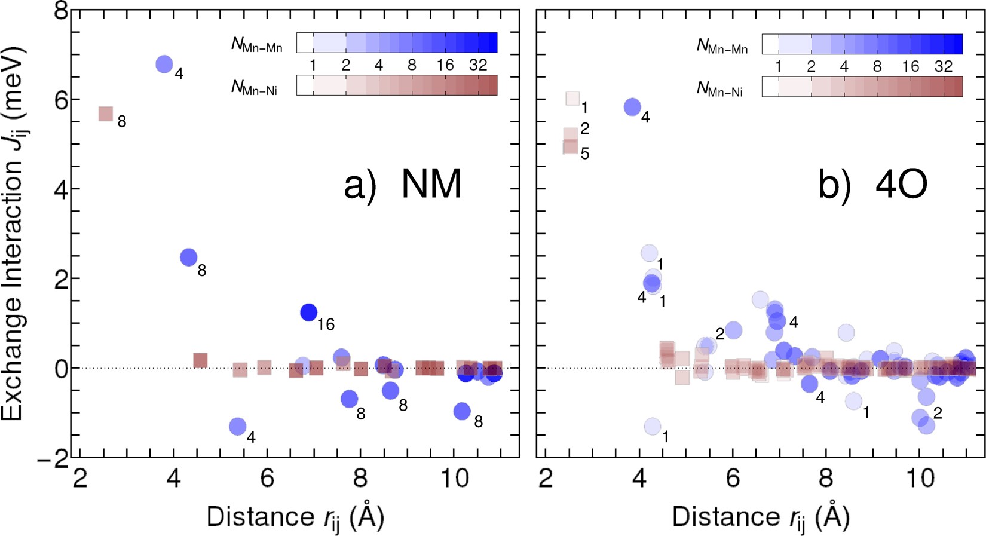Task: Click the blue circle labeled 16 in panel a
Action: [308, 312]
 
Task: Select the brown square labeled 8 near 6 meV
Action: [106, 114]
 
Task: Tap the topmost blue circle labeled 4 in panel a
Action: [164, 64]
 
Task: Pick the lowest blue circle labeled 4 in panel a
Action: [237, 426]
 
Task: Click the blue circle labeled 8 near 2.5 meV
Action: [188, 258]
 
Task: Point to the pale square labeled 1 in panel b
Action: [572, 98]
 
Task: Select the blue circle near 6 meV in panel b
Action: [632, 107]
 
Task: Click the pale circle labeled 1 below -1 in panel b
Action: [653, 426]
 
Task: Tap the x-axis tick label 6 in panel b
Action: [733, 479]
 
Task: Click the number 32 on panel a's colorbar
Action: [477, 65]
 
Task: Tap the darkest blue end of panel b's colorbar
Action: [957, 44]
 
